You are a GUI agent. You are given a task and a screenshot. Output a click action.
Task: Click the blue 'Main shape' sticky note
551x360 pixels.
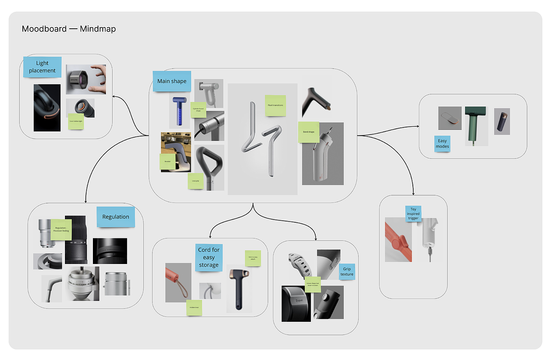point(172,81)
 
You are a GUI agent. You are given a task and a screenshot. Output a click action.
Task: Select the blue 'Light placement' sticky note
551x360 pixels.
point(42,67)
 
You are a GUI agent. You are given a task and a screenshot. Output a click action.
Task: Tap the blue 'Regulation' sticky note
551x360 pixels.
point(116,217)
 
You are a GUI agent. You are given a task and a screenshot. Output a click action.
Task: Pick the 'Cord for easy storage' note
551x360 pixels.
point(209,257)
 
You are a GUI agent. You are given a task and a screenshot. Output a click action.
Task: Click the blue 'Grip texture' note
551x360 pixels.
point(347,271)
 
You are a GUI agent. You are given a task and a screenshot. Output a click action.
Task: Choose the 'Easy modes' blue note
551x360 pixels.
point(442,144)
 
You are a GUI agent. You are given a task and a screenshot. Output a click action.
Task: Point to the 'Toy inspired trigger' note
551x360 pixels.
point(413,214)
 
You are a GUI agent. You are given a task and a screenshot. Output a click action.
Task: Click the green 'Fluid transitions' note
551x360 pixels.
point(275,105)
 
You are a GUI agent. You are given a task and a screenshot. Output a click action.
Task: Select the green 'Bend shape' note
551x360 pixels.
point(309,132)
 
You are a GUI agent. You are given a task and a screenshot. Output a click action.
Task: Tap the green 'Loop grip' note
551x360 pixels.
point(196,181)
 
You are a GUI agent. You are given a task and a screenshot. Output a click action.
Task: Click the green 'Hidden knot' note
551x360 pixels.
point(194,308)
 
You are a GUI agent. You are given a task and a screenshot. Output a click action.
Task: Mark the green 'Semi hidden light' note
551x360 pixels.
point(76,121)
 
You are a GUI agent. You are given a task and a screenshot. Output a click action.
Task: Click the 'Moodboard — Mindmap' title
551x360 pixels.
point(69,29)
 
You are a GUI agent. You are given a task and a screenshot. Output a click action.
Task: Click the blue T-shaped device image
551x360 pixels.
point(179,111)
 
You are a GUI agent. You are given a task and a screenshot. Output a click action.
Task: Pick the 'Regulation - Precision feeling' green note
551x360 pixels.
point(61,229)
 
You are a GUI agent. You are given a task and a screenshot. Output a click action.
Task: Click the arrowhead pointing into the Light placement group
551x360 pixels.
point(114,96)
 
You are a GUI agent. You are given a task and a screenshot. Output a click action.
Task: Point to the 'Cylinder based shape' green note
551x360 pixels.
point(198,110)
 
